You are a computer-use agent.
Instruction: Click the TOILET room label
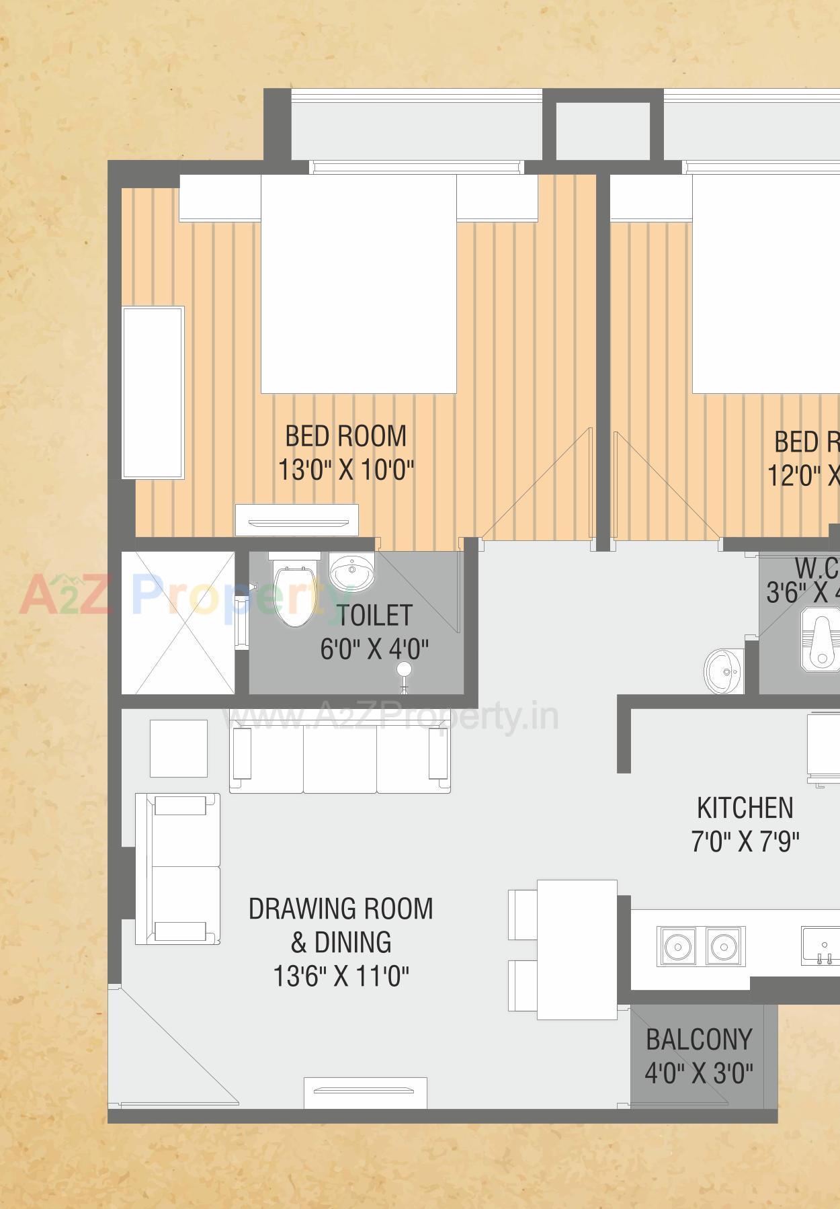click(x=374, y=615)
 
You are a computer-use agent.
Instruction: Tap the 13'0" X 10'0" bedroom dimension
click(x=346, y=470)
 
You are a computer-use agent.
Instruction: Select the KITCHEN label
click(x=745, y=808)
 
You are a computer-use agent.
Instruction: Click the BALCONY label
click(x=699, y=1039)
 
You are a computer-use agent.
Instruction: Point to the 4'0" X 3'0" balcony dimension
click(x=699, y=1073)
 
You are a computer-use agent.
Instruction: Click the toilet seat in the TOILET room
click(x=294, y=594)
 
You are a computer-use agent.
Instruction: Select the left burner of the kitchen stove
click(x=678, y=947)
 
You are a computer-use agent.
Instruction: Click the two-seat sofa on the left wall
click(x=178, y=868)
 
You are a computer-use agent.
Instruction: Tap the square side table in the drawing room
click(x=178, y=748)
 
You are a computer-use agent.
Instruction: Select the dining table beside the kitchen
click(x=577, y=949)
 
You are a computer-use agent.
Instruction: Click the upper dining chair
click(x=523, y=915)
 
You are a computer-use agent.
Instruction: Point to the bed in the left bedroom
click(x=358, y=284)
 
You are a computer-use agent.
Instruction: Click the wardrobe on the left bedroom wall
click(x=153, y=392)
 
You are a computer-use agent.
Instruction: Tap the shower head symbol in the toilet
click(x=404, y=669)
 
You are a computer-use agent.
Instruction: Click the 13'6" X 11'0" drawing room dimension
click(x=341, y=976)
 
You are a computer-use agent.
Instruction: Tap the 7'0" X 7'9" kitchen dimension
click(x=745, y=841)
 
